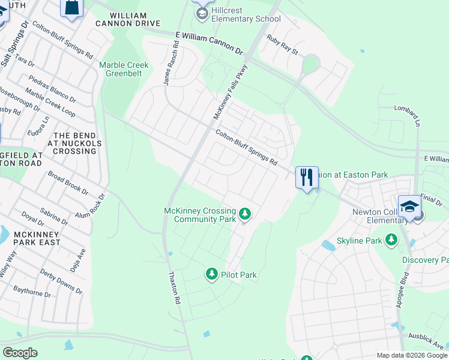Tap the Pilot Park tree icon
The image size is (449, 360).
[211, 274]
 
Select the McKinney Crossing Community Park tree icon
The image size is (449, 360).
[244, 214]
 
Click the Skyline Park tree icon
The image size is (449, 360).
[391, 240]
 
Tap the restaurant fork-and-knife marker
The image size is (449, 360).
[307, 177]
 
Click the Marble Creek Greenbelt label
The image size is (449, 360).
[124, 70]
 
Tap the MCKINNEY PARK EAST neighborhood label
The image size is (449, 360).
[30, 238]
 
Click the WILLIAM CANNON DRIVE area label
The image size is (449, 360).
[127, 19]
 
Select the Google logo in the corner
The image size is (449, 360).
[20, 353]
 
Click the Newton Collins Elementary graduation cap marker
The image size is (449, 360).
[409, 206]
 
